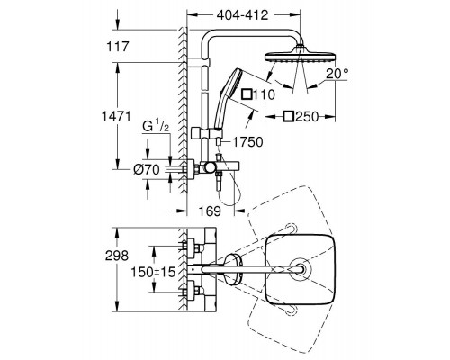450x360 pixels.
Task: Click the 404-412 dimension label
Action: tap(242, 14)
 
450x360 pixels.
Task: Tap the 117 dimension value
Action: tap(118, 47)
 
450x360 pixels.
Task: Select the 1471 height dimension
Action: tap(116, 116)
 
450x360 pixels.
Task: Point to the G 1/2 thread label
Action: tap(156, 127)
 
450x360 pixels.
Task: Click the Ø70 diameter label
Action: tap(147, 170)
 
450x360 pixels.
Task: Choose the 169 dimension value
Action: tap(210, 211)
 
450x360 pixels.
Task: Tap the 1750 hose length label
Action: tap(247, 142)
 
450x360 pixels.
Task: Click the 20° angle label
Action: tap(337, 74)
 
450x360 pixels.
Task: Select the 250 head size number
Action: tap(307, 117)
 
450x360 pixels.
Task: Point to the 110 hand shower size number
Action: tap(264, 94)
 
